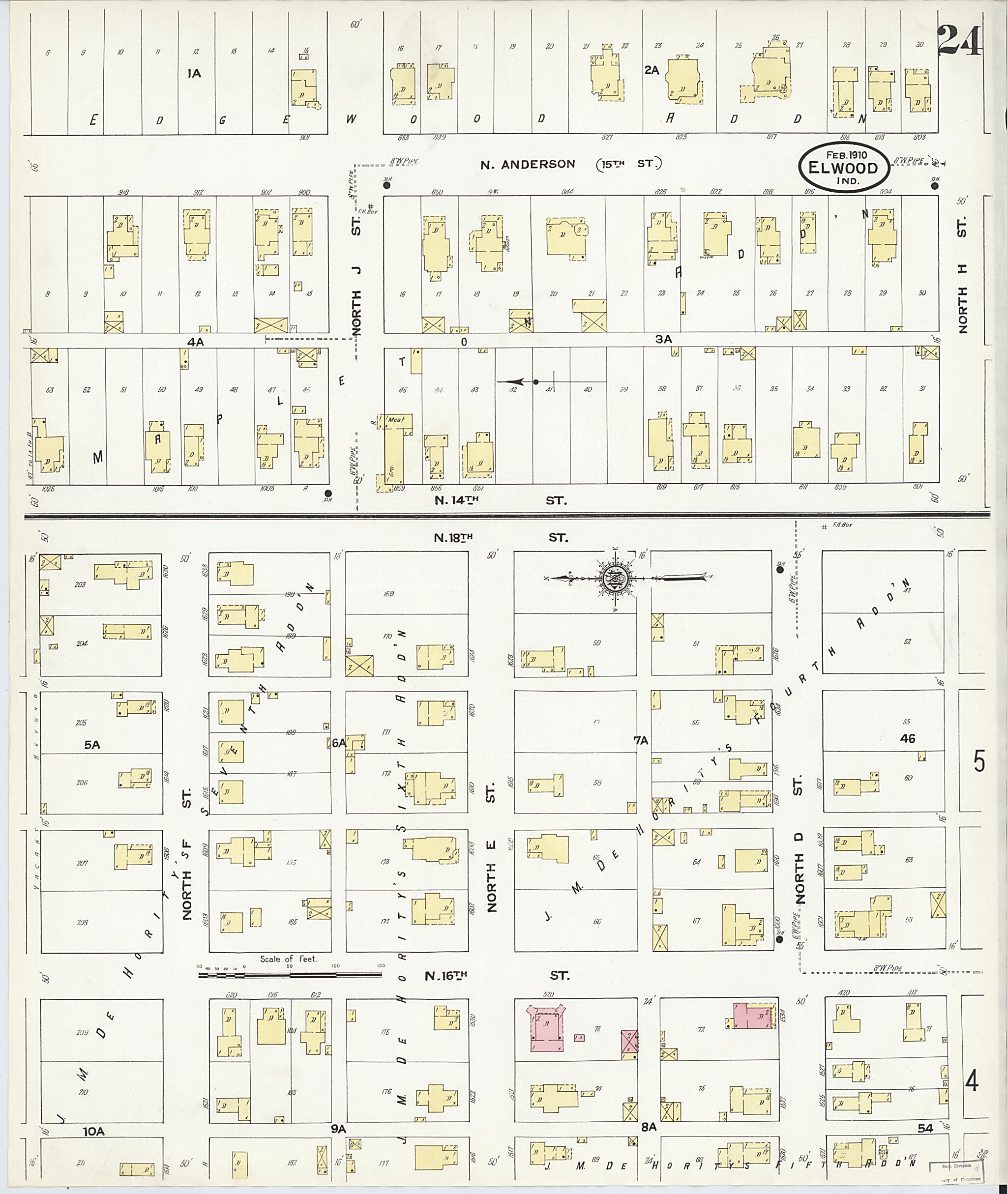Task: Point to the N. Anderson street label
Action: [528, 164]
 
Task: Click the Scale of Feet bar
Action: [290, 975]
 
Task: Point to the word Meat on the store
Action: [396, 419]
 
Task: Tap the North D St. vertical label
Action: [799, 839]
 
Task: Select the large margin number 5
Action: [979, 762]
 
